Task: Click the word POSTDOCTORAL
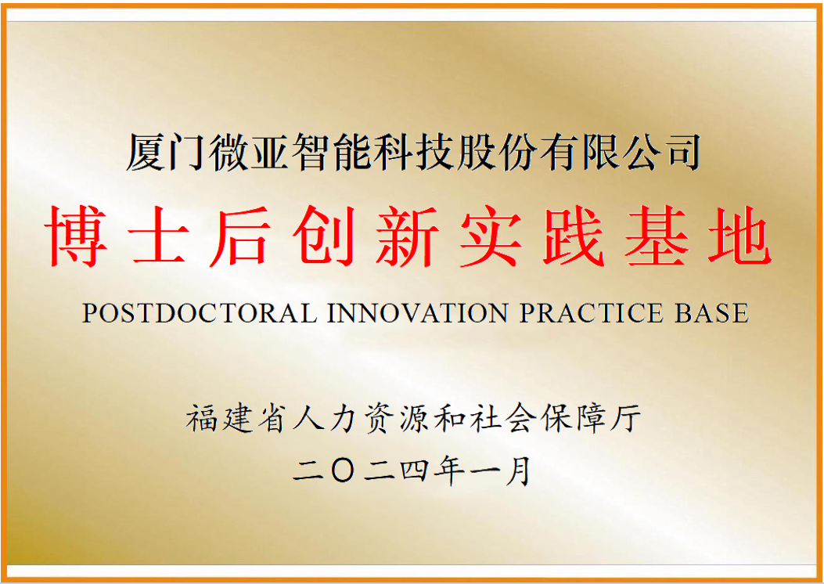200,313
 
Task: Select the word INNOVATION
418,313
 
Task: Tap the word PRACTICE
592,313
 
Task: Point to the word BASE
711,313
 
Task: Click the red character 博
76,236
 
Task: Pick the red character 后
241,236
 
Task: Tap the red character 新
407,236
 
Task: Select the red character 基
657,236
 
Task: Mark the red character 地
739,236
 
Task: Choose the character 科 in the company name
394,153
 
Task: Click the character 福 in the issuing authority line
203,418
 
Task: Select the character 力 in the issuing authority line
344,418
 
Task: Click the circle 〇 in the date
343,470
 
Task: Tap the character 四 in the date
414,470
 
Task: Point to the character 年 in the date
449,470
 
